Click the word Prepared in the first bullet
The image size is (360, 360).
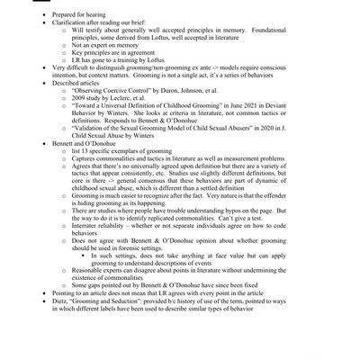click(x=66, y=13)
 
